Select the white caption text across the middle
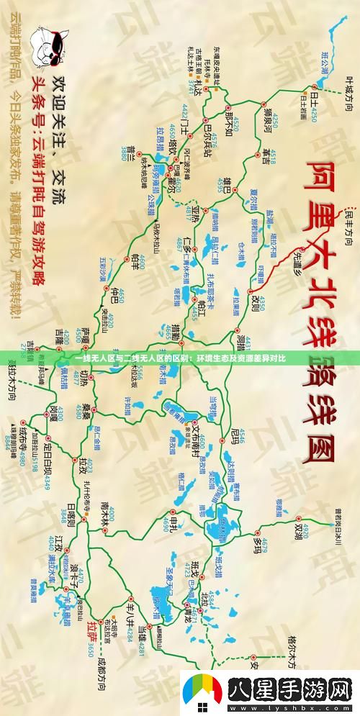coord(180,358)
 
